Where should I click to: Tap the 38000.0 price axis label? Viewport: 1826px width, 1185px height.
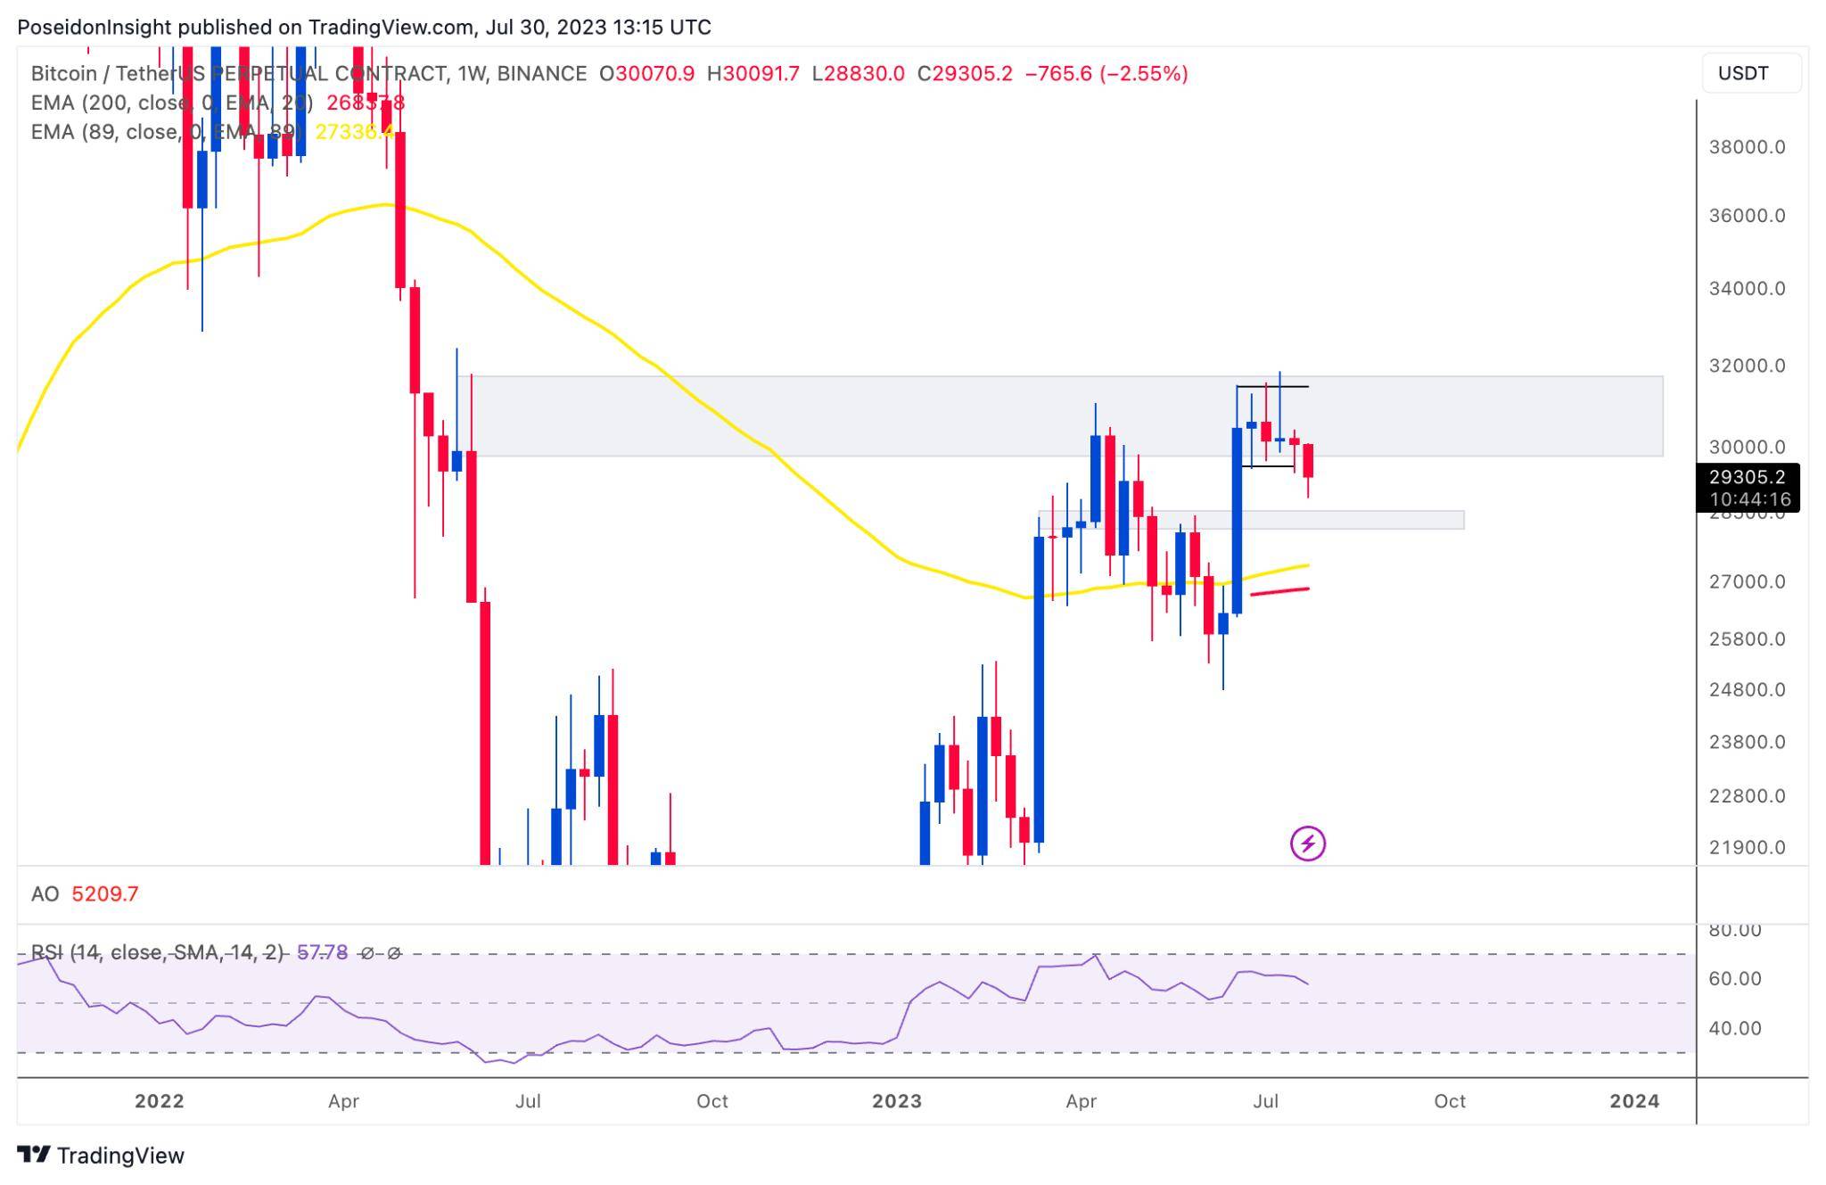tap(1747, 147)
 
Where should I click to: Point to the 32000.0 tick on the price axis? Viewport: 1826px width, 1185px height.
tap(1747, 366)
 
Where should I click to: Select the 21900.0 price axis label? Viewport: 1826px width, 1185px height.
tap(1747, 848)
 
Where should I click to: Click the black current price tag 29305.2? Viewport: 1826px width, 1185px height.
tap(1747, 478)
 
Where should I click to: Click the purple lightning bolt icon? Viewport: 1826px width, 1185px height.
tap(1307, 843)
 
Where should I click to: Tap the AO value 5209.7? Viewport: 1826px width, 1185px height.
tap(105, 894)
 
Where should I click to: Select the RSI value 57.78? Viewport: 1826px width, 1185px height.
tap(322, 953)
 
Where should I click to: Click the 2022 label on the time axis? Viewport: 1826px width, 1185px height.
tap(159, 1101)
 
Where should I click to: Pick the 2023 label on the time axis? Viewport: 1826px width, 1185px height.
tap(896, 1101)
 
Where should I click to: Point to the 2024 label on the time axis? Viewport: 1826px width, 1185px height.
tap(1633, 1101)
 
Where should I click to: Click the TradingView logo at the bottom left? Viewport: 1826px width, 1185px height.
tap(100, 1156)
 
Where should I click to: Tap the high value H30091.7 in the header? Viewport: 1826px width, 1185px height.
tap(753, 74)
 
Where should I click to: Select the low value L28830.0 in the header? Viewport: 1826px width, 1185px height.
tap(858, 74)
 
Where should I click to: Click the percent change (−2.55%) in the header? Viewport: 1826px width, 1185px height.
tap(1144, 74)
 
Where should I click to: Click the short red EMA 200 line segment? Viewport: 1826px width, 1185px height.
tap(1279, 591)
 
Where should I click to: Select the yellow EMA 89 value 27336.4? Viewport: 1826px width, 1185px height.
tap(355, 132)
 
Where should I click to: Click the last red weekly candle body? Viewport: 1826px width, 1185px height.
tap(1308, 460)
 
